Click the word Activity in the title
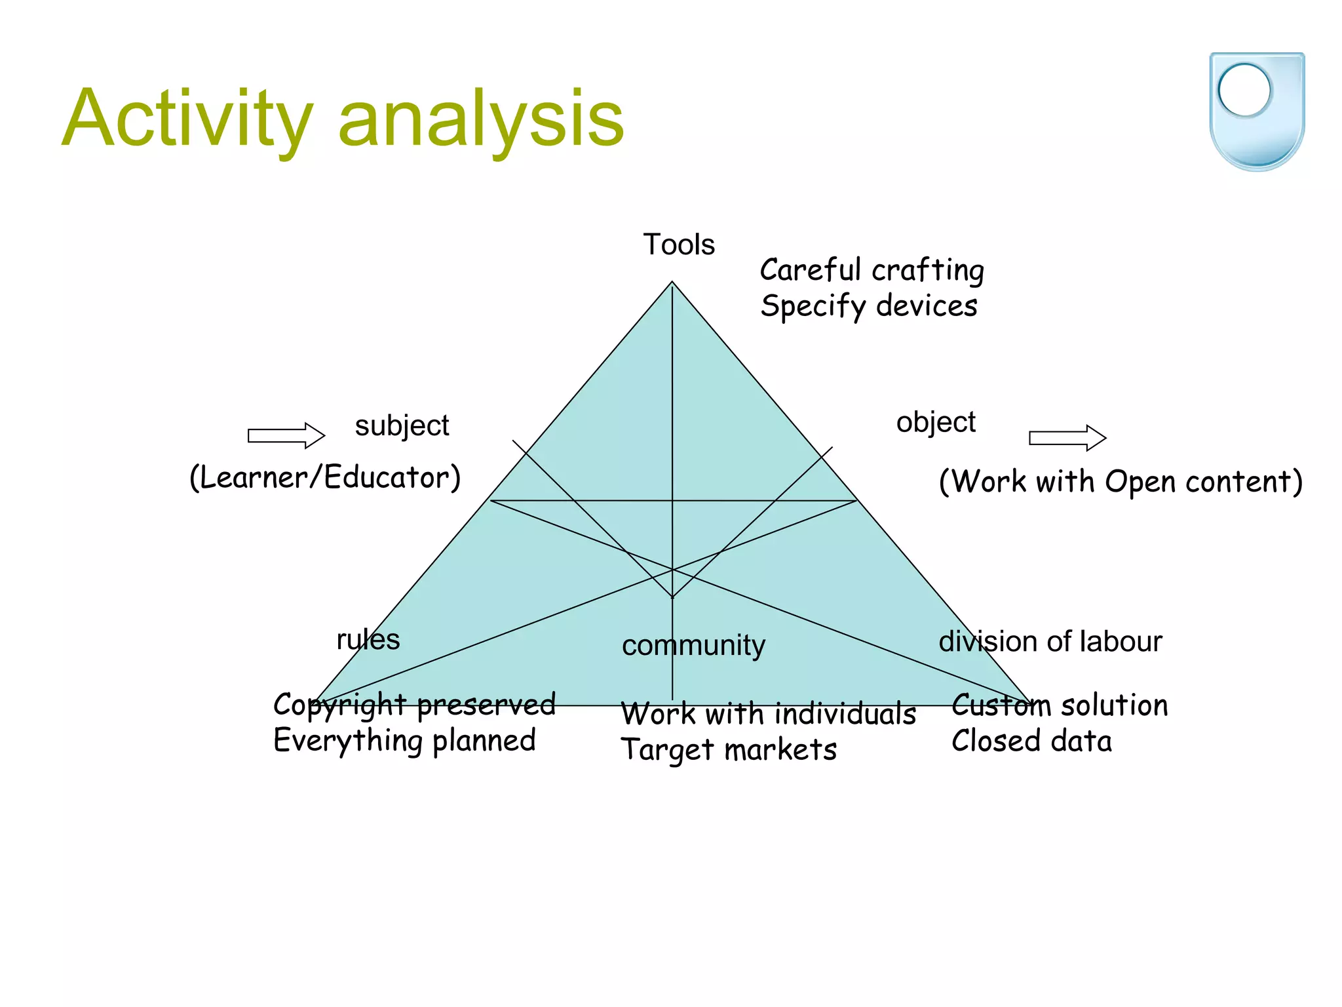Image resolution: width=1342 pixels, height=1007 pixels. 187,119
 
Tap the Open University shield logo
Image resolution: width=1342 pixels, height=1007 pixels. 1256,111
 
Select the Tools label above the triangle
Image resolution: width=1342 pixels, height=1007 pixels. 678,245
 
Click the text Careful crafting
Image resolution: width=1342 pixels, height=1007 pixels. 872,270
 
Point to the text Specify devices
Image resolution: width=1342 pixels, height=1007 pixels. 868,306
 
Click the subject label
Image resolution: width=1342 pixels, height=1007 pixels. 402,426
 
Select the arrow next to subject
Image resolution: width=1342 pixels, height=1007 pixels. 286,435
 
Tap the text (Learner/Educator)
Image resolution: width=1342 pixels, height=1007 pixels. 325,477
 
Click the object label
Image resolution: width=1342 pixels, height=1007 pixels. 936,422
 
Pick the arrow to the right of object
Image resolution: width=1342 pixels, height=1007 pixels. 1067,437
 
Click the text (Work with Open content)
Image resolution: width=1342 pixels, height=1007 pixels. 1121,482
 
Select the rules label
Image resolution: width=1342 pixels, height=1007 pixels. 368,640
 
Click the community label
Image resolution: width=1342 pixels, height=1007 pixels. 693,646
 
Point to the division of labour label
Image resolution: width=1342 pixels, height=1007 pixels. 1050,642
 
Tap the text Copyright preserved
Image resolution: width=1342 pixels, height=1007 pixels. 414,705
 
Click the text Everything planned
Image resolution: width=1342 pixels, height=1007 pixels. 404,741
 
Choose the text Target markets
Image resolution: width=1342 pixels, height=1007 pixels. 729,749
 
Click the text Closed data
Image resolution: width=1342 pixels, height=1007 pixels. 1031,741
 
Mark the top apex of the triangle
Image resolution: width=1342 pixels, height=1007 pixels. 672,283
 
